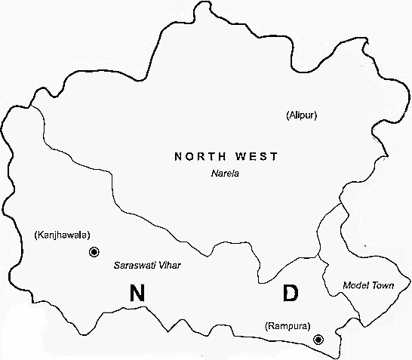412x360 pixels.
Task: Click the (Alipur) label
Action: coord(302,115)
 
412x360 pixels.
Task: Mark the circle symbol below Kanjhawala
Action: coord(94,252)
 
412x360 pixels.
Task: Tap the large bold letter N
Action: coord(137,294)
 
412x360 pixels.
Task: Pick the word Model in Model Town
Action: coord(355,285)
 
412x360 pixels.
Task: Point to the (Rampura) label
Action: coord(288,325)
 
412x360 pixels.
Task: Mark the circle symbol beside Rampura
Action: coord(318,340)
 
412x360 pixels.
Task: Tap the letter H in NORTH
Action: coord(223,157)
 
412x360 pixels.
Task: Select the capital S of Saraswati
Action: coord(116,266)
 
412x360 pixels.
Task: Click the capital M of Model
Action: coord(346,285)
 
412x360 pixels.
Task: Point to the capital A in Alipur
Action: coord(292,115)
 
